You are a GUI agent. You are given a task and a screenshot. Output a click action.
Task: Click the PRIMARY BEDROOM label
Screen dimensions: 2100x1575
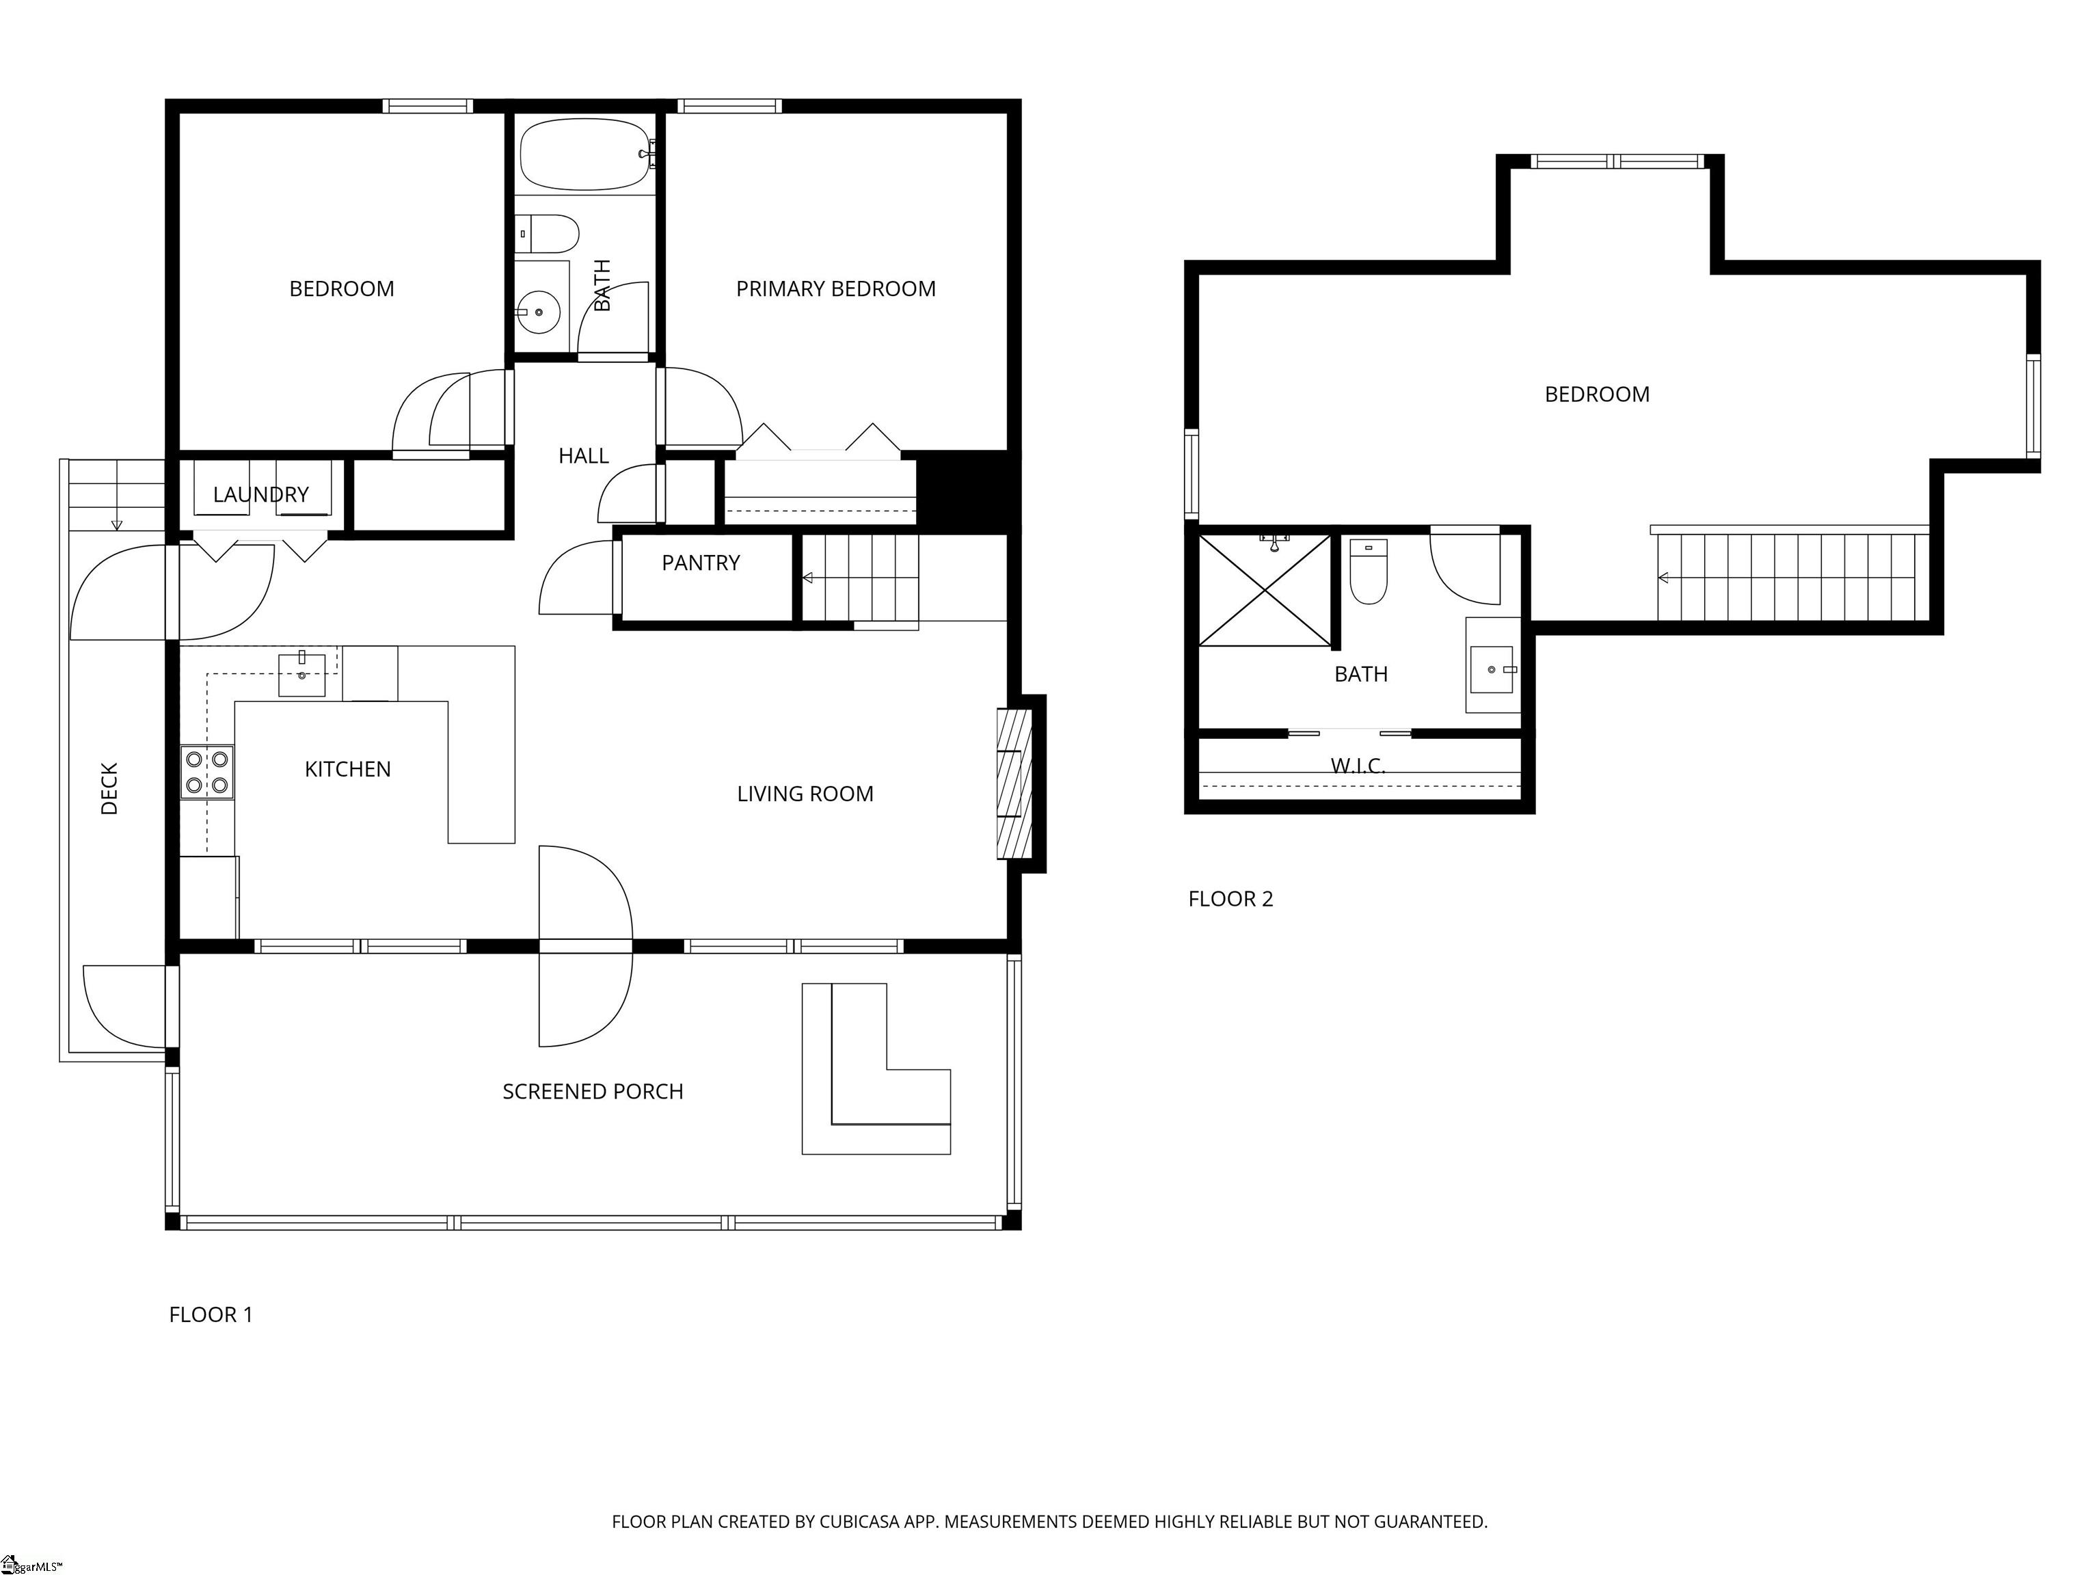coord(835,288)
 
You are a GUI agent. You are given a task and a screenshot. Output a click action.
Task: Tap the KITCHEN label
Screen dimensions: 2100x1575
coord(347,769)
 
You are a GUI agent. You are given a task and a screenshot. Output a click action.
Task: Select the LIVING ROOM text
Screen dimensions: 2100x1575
coord(805,794)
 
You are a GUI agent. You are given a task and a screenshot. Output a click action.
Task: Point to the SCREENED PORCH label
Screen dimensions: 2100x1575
coord(593,1092)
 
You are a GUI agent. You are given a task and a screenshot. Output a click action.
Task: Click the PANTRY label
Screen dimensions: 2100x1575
coord(701,563)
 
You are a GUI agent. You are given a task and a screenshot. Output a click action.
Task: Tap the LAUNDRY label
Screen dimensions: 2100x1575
coord(261,495)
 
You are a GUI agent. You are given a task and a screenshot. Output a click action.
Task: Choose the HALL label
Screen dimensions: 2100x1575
coord(583,456)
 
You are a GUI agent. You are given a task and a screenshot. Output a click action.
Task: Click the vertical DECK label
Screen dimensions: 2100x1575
coord(109,788)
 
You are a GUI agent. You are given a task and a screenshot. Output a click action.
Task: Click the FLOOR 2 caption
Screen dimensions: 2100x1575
coord(1230,899)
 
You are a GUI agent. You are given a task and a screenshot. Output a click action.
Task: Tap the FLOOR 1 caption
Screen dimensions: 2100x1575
coord(211,1315)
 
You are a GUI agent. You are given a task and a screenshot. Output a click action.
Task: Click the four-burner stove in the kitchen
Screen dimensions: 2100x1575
coord(207,772)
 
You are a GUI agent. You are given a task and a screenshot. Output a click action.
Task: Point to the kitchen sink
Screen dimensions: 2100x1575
coord(302,675)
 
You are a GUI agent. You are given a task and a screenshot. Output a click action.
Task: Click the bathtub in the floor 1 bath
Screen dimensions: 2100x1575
coord(584,154)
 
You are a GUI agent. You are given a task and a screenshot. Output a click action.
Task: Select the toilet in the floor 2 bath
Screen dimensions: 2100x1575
coord(1368,571)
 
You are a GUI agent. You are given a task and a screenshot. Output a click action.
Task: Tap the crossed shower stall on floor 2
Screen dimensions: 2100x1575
coord(1265,591)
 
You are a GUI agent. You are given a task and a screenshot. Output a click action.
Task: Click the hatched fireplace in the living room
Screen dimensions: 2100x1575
coord(1014,783)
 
